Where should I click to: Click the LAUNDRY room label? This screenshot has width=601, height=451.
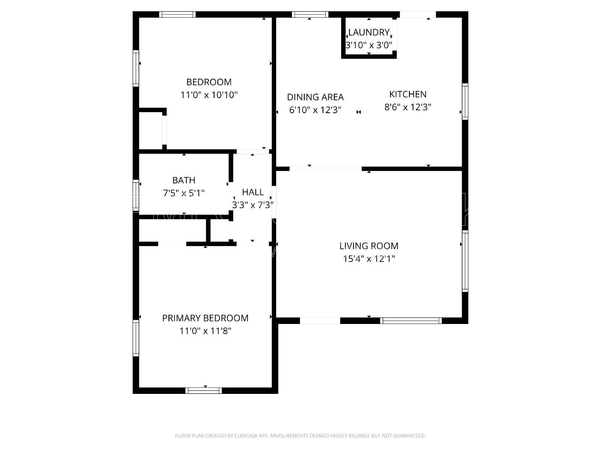(369, 32)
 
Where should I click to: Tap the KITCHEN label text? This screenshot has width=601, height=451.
(408, 94)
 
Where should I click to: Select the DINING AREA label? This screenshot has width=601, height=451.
(315, 97)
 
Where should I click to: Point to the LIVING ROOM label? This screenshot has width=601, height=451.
(369, 246)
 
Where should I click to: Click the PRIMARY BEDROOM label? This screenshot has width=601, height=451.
(205, 318)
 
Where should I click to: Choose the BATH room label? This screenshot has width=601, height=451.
(184, 180)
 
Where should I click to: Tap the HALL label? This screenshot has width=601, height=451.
(253, 192)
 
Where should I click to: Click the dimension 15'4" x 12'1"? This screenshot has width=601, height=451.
(369, 259)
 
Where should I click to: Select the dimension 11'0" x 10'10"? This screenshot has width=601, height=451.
(209, 95)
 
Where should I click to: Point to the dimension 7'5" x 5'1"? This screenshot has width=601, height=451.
(184, 193)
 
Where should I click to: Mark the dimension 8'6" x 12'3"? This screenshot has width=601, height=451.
(408, 107)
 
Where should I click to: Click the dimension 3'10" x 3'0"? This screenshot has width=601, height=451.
(369, 45)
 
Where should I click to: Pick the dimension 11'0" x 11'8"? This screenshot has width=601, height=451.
(205, 331)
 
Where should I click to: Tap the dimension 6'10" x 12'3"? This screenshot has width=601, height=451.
(315, 110)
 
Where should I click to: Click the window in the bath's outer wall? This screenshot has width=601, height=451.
(136, 195)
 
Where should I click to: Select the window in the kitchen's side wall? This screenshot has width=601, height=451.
(465, 101)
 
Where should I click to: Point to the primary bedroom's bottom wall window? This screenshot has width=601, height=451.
(204, 390)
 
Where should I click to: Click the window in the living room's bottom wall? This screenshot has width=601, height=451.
(411, 321)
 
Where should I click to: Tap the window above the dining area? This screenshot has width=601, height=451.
(310, 15)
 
